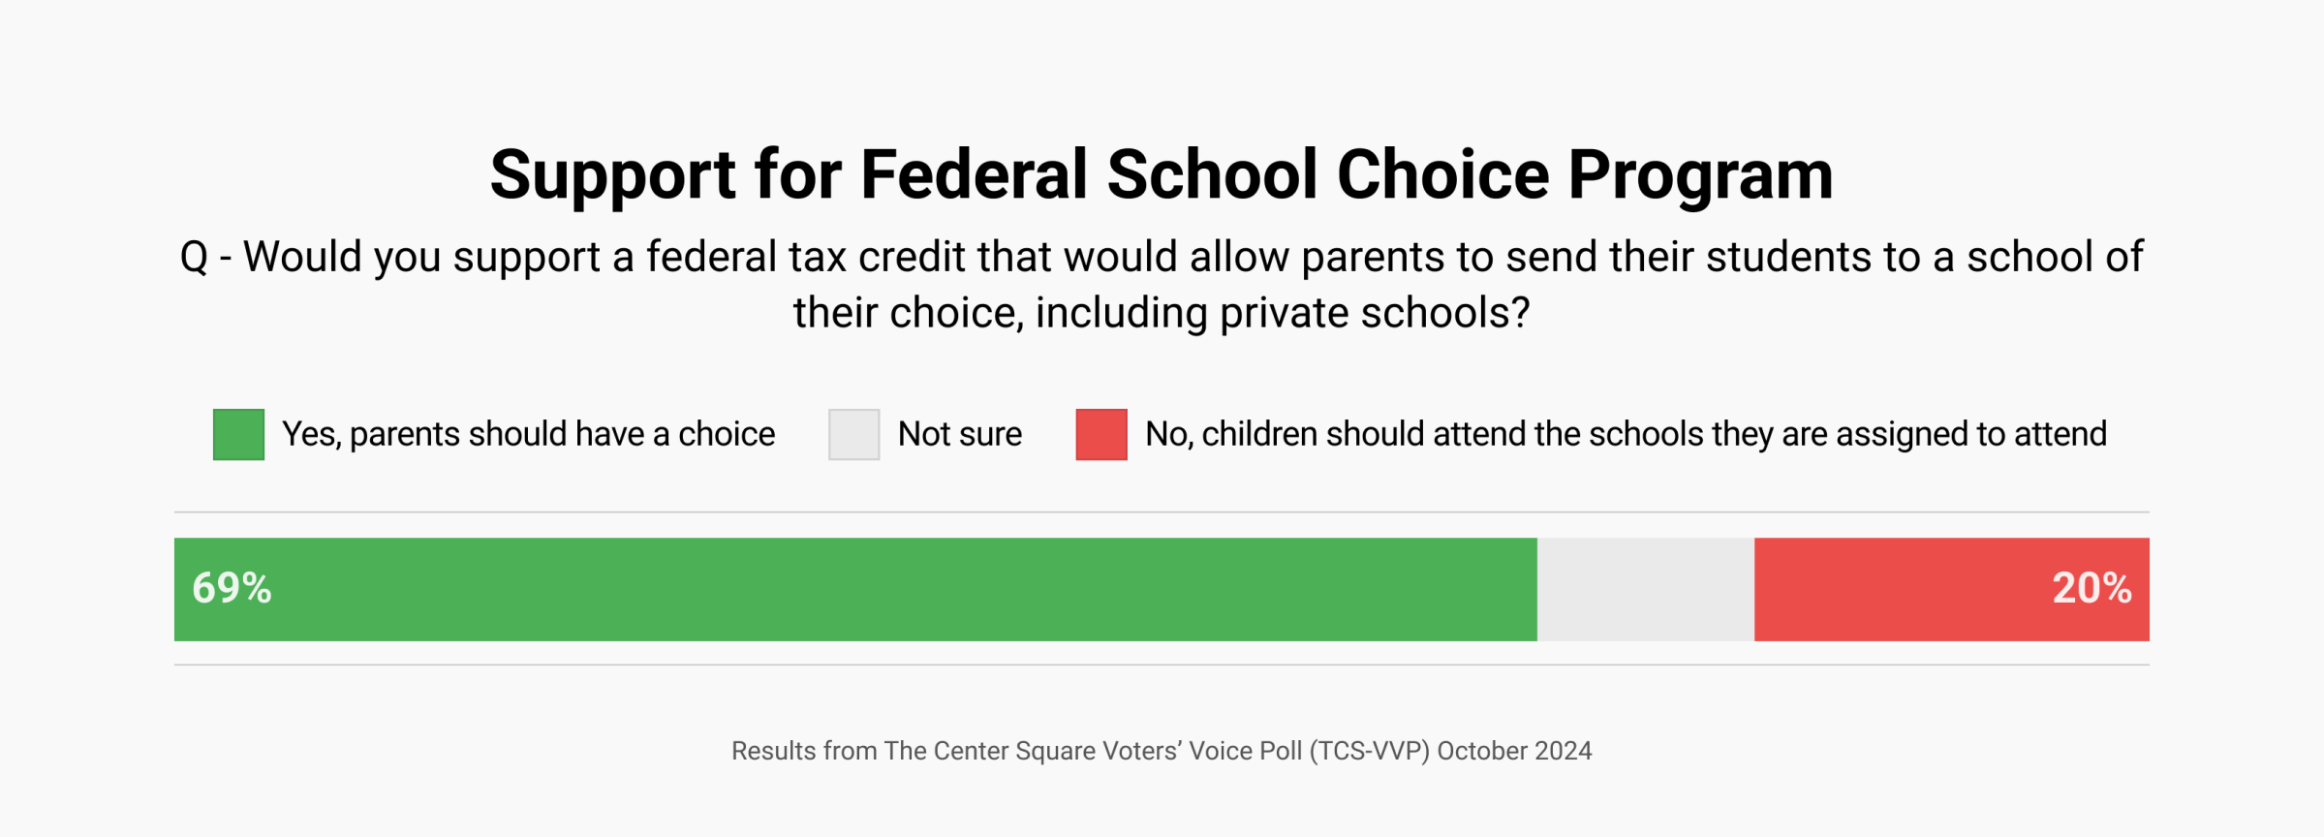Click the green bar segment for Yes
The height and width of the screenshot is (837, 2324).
(855, 589)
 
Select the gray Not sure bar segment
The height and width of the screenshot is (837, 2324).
(1645, 589)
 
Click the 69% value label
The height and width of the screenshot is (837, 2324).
(232, 588)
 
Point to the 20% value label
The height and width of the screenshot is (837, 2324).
(2091, 588)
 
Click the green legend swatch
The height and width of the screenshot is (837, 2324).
(238, 434)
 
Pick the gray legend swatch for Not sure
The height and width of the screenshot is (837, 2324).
(853, 434)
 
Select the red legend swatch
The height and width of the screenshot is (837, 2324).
(1100, 434)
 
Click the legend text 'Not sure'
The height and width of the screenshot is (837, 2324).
(959, 434)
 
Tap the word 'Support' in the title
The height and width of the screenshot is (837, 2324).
(612, 175)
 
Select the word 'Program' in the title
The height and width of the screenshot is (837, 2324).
(1700, 175)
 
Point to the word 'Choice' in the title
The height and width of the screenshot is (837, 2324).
(1442, 175)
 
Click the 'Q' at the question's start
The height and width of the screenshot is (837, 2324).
(194, 258)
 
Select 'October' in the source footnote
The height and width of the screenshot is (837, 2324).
(1483, 751)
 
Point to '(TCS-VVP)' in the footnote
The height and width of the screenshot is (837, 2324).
(1369, 751)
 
